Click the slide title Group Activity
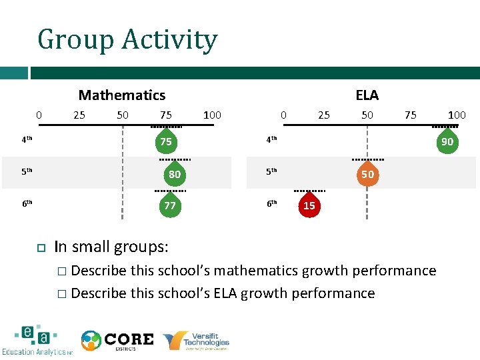tap(127, 39)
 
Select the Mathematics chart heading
tap(122, 95)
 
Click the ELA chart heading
tap(367, 95)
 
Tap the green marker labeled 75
tap(166, 142)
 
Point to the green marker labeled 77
tap(170, 206)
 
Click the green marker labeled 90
tap(447, 142)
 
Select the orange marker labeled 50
tap(367, 175)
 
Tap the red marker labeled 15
tap(309, 206)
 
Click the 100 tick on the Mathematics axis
tap(212, 115)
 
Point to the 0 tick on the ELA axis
tap(283, 115)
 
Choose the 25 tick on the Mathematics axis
tap(79, 115)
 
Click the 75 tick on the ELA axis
tap(411, 115)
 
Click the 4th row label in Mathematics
tap(27, 140)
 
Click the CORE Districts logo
tap(117, 341)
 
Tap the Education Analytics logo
tap(37, 341)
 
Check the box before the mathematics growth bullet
tap(61, 271)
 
